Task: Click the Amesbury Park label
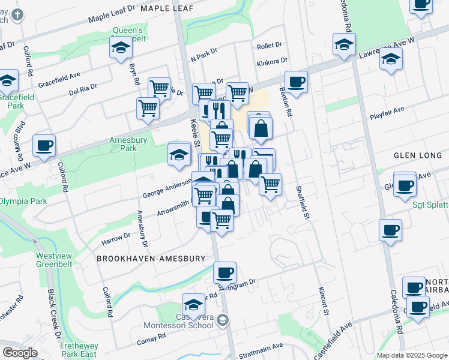(124, 144)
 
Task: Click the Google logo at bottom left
(20, 353)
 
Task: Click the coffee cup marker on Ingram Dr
(224, 273)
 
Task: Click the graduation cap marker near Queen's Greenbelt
(121, 47)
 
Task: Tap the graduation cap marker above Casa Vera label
(193, 304)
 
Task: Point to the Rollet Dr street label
(269, 46)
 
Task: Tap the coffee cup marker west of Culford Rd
(44, 145)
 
